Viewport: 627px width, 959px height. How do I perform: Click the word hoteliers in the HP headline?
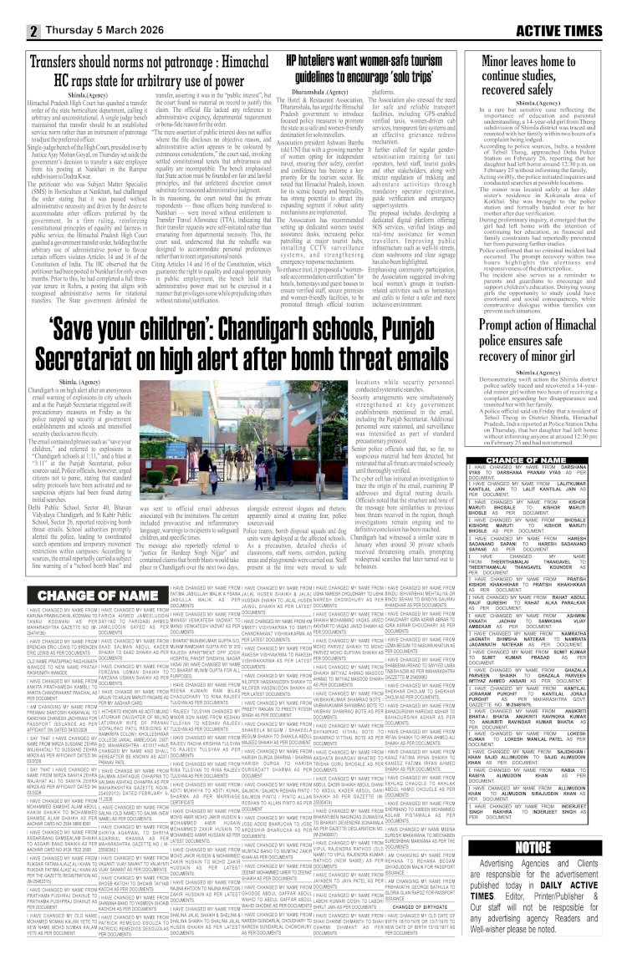click(328, 61)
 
